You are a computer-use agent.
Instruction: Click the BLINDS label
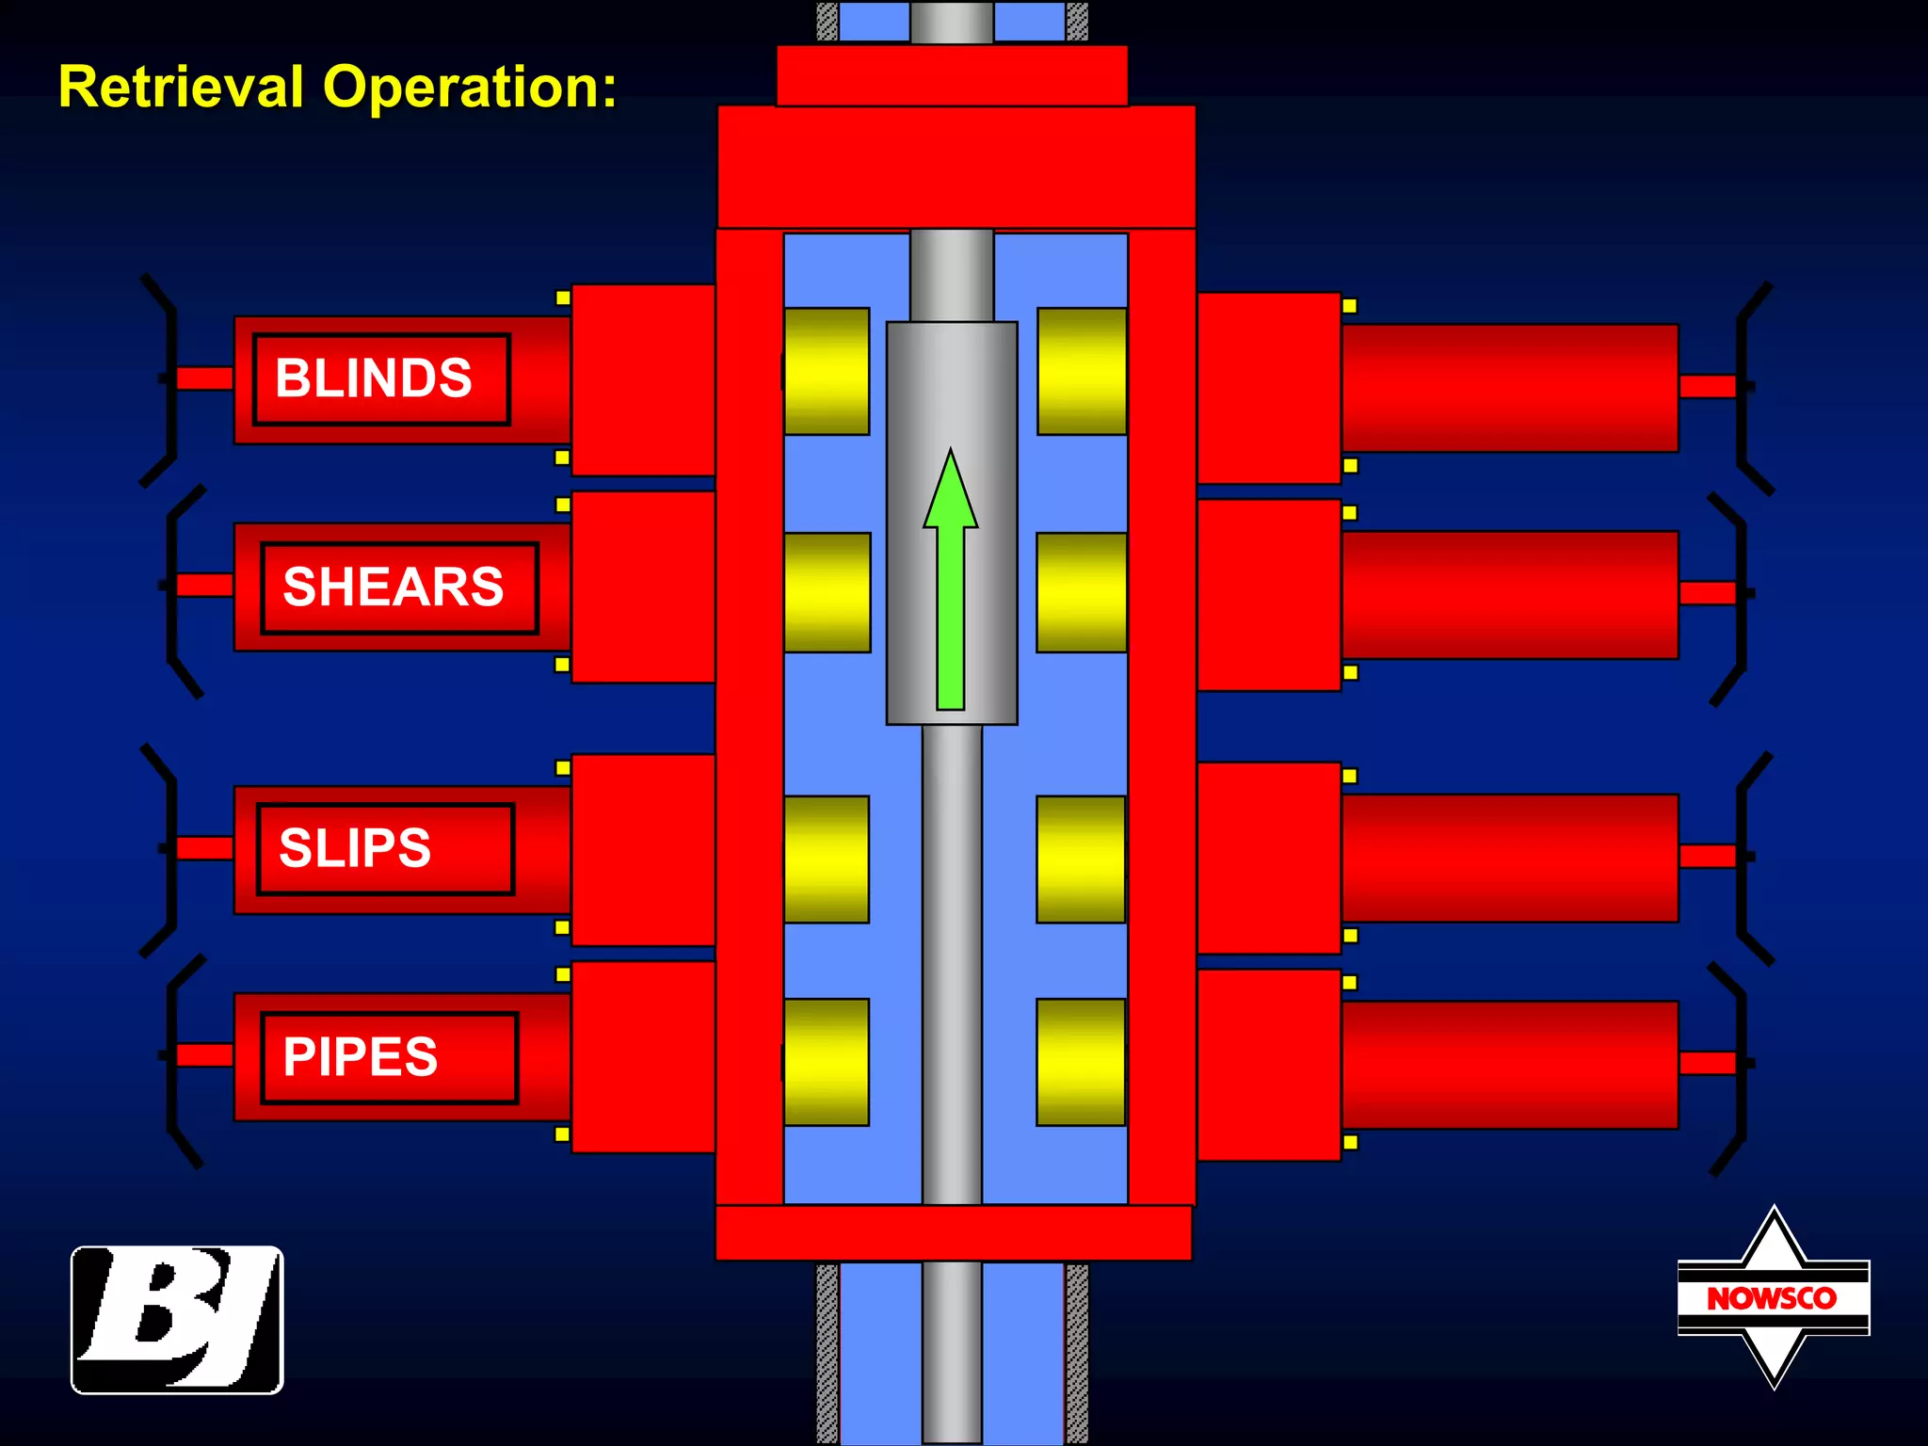(x=374, y=378)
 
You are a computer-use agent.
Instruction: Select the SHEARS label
(x=394, y=587)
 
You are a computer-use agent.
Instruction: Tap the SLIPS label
(x=355, y=848)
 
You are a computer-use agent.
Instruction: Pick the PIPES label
(x=361, y=1056)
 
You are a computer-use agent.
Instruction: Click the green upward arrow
(x=951, y=584)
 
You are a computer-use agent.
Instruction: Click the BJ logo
(x=177, y=1319)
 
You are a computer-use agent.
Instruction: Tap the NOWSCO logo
(x=1773, y=1298)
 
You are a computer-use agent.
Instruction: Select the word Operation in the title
(x=469, y=87)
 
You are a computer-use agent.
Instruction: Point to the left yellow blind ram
(x=827, y=371)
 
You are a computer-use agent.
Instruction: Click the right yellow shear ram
(x=1081, y=592)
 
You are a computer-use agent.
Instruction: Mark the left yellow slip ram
(x=827, y=859)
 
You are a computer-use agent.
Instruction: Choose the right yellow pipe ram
(x=1081, y=1062)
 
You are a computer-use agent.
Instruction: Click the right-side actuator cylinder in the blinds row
(x=1509, y=388)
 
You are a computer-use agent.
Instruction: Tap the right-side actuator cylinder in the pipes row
(x=1509, y=1065)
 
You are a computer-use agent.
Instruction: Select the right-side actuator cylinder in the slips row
(x=1509, y=858)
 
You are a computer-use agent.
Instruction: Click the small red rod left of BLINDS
(x=205, y=378)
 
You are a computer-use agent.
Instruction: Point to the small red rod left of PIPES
(x=205, y=1054)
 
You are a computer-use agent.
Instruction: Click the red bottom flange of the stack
(x=953, y=1232)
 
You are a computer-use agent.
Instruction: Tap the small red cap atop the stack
(x=952, y=75)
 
